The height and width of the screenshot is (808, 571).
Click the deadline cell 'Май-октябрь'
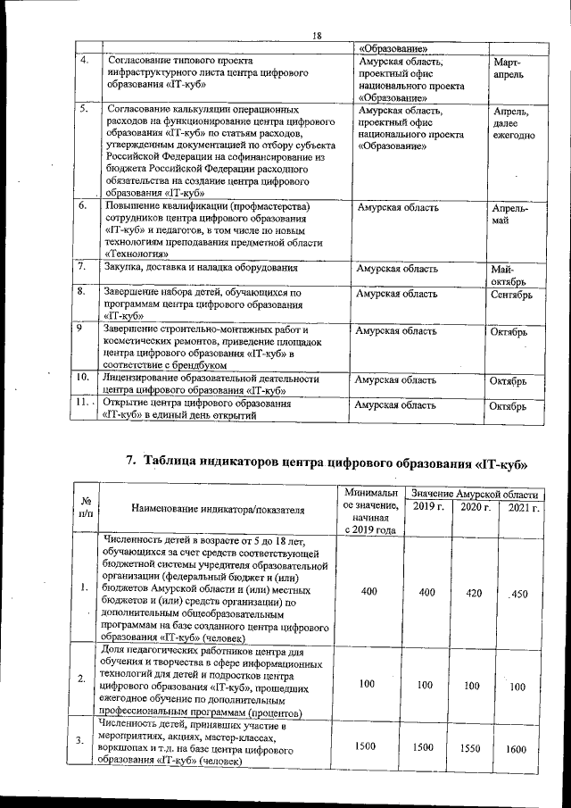[x=508, y=275]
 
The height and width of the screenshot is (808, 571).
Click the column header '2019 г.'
[x=428, y=507]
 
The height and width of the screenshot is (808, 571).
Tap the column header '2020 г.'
[x=475, y=507]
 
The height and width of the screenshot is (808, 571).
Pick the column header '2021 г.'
[x=521, y=507]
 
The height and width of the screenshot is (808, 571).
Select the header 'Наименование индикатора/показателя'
[x=218, y=510]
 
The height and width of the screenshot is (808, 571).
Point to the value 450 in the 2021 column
[x=519, y=595]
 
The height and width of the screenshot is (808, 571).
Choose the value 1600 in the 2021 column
[x=519, y=750]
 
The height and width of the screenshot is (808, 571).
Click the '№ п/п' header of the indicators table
[x=86, y=507]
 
